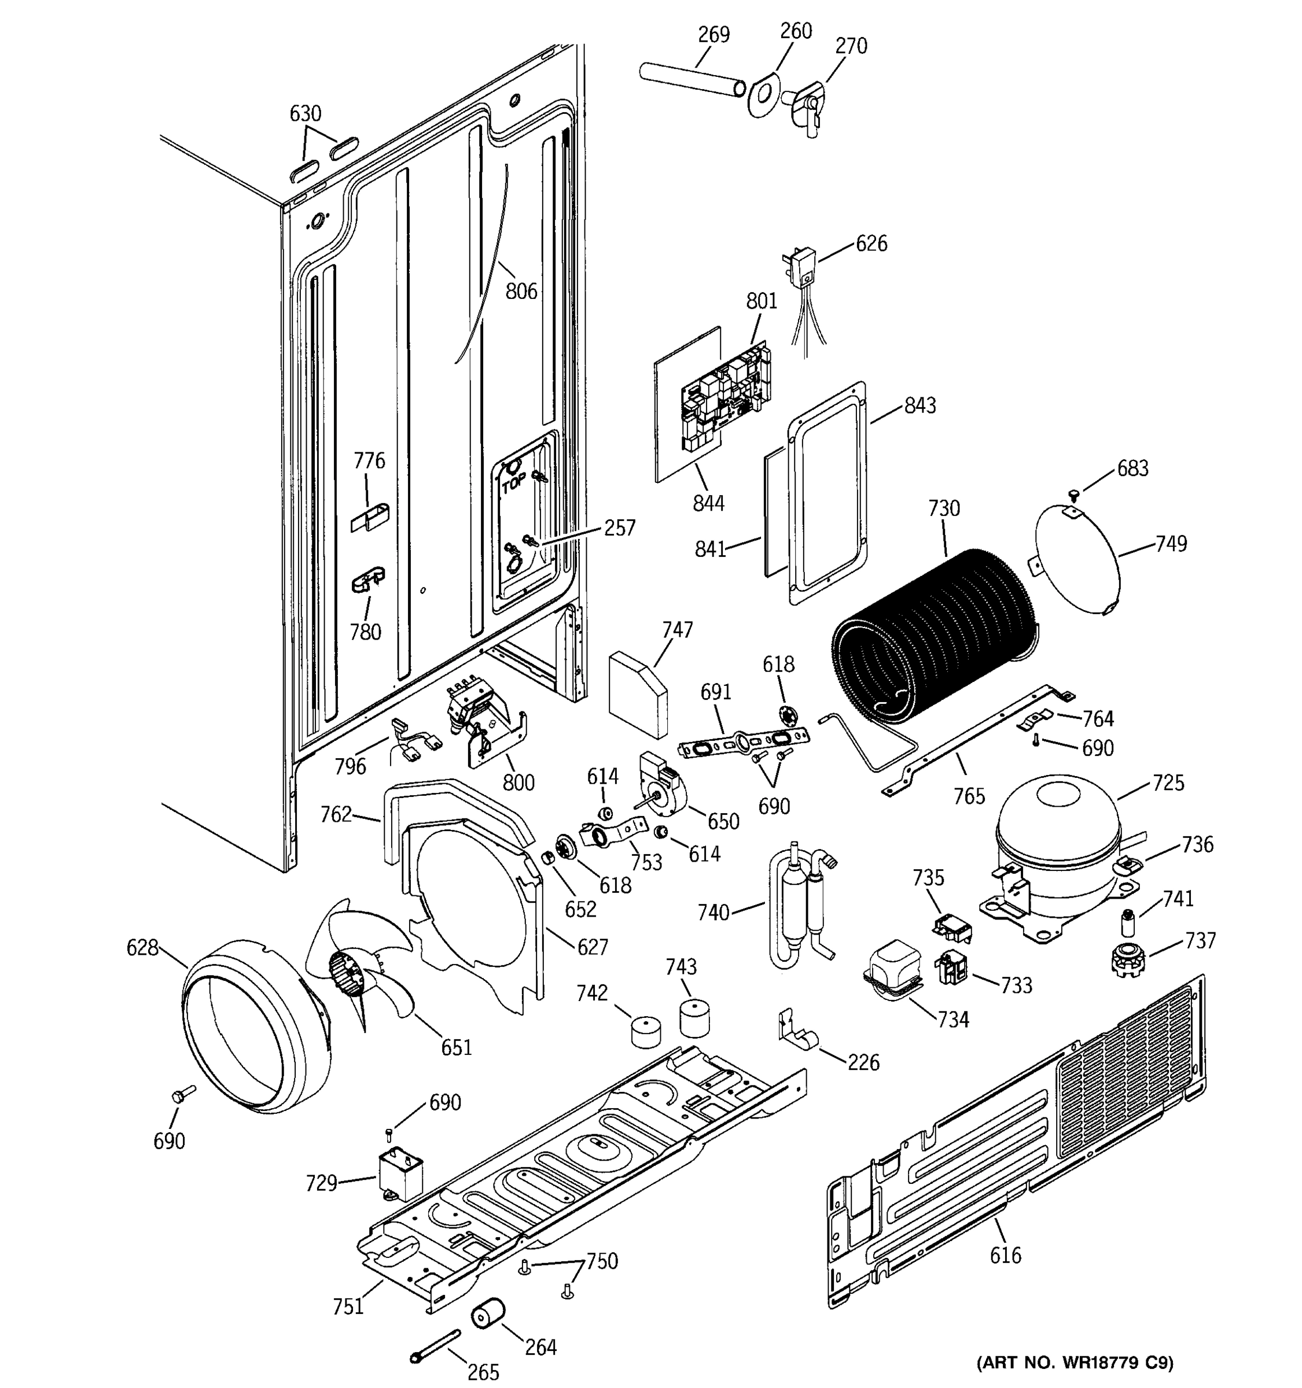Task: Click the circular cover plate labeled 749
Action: [x=1076, y=560]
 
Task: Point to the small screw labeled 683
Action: [x=1074, y=495]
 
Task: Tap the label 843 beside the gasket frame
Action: [x=920, y=405]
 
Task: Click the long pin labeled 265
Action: [x=436, y=1344]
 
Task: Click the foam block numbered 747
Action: [x=637, y=695]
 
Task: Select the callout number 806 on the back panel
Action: [x=521, y=290]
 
